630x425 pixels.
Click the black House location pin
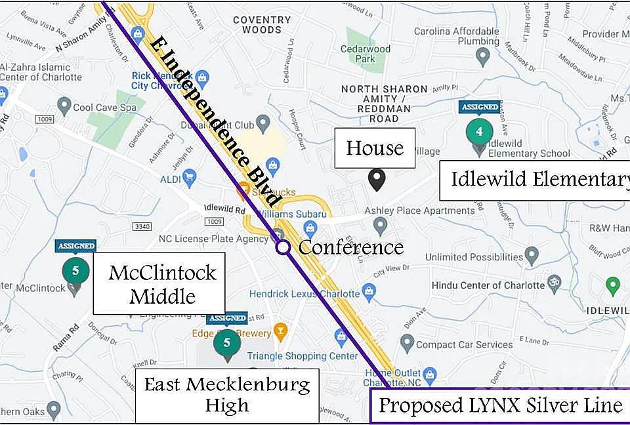point(376,179)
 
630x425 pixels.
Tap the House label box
point(375,148)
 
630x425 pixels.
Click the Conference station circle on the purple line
point(283,247)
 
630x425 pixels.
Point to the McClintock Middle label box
point(161,283)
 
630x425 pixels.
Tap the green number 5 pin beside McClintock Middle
point(75,271)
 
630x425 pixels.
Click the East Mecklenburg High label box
point(226,394)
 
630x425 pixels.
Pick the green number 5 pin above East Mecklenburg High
point(226,343)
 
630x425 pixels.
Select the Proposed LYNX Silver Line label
point(500,405)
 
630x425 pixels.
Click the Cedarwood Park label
point(366,54)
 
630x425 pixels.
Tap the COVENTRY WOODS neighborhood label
point(261,25)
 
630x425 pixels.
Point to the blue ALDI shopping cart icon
point(190,175)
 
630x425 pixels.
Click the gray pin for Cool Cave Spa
point(64,105)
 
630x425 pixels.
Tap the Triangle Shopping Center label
point(303,356)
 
